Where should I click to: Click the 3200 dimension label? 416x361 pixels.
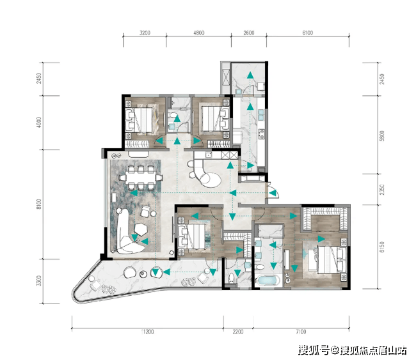point(145,33)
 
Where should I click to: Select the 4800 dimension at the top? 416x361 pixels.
point(199,33)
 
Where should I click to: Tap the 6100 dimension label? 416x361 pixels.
point(307,33)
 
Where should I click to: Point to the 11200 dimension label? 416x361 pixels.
point(147,332)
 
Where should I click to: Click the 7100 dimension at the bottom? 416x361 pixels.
point(301,332)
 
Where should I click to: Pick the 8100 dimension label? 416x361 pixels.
point(39,204)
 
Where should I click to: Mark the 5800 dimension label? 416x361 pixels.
point(382,135)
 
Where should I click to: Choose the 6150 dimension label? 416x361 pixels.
point(382,247)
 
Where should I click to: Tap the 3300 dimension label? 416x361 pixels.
point(39,280)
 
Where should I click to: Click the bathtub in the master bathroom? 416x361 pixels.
point(268,280)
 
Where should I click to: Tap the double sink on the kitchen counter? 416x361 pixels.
point(261,114)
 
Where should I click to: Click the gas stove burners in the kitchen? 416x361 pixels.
point(262,134)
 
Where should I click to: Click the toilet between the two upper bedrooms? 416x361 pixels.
point(172,116)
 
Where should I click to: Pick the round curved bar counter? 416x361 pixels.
point(207,173)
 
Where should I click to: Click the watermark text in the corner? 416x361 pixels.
point(353,350)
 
